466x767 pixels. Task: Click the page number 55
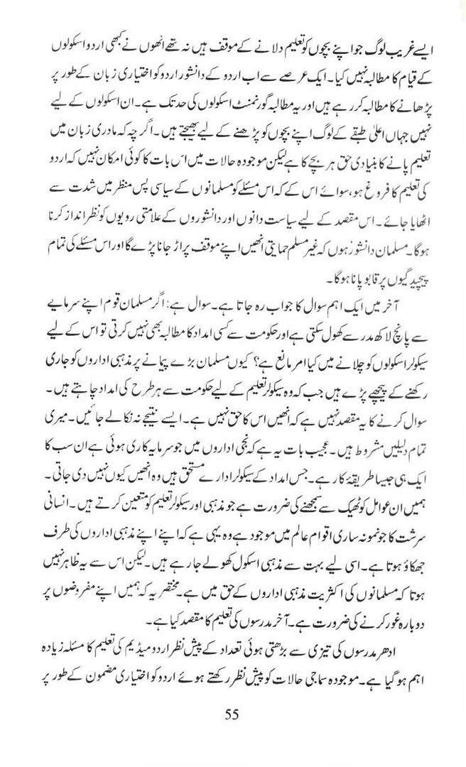pyautogui.click(x=232, y=714)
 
